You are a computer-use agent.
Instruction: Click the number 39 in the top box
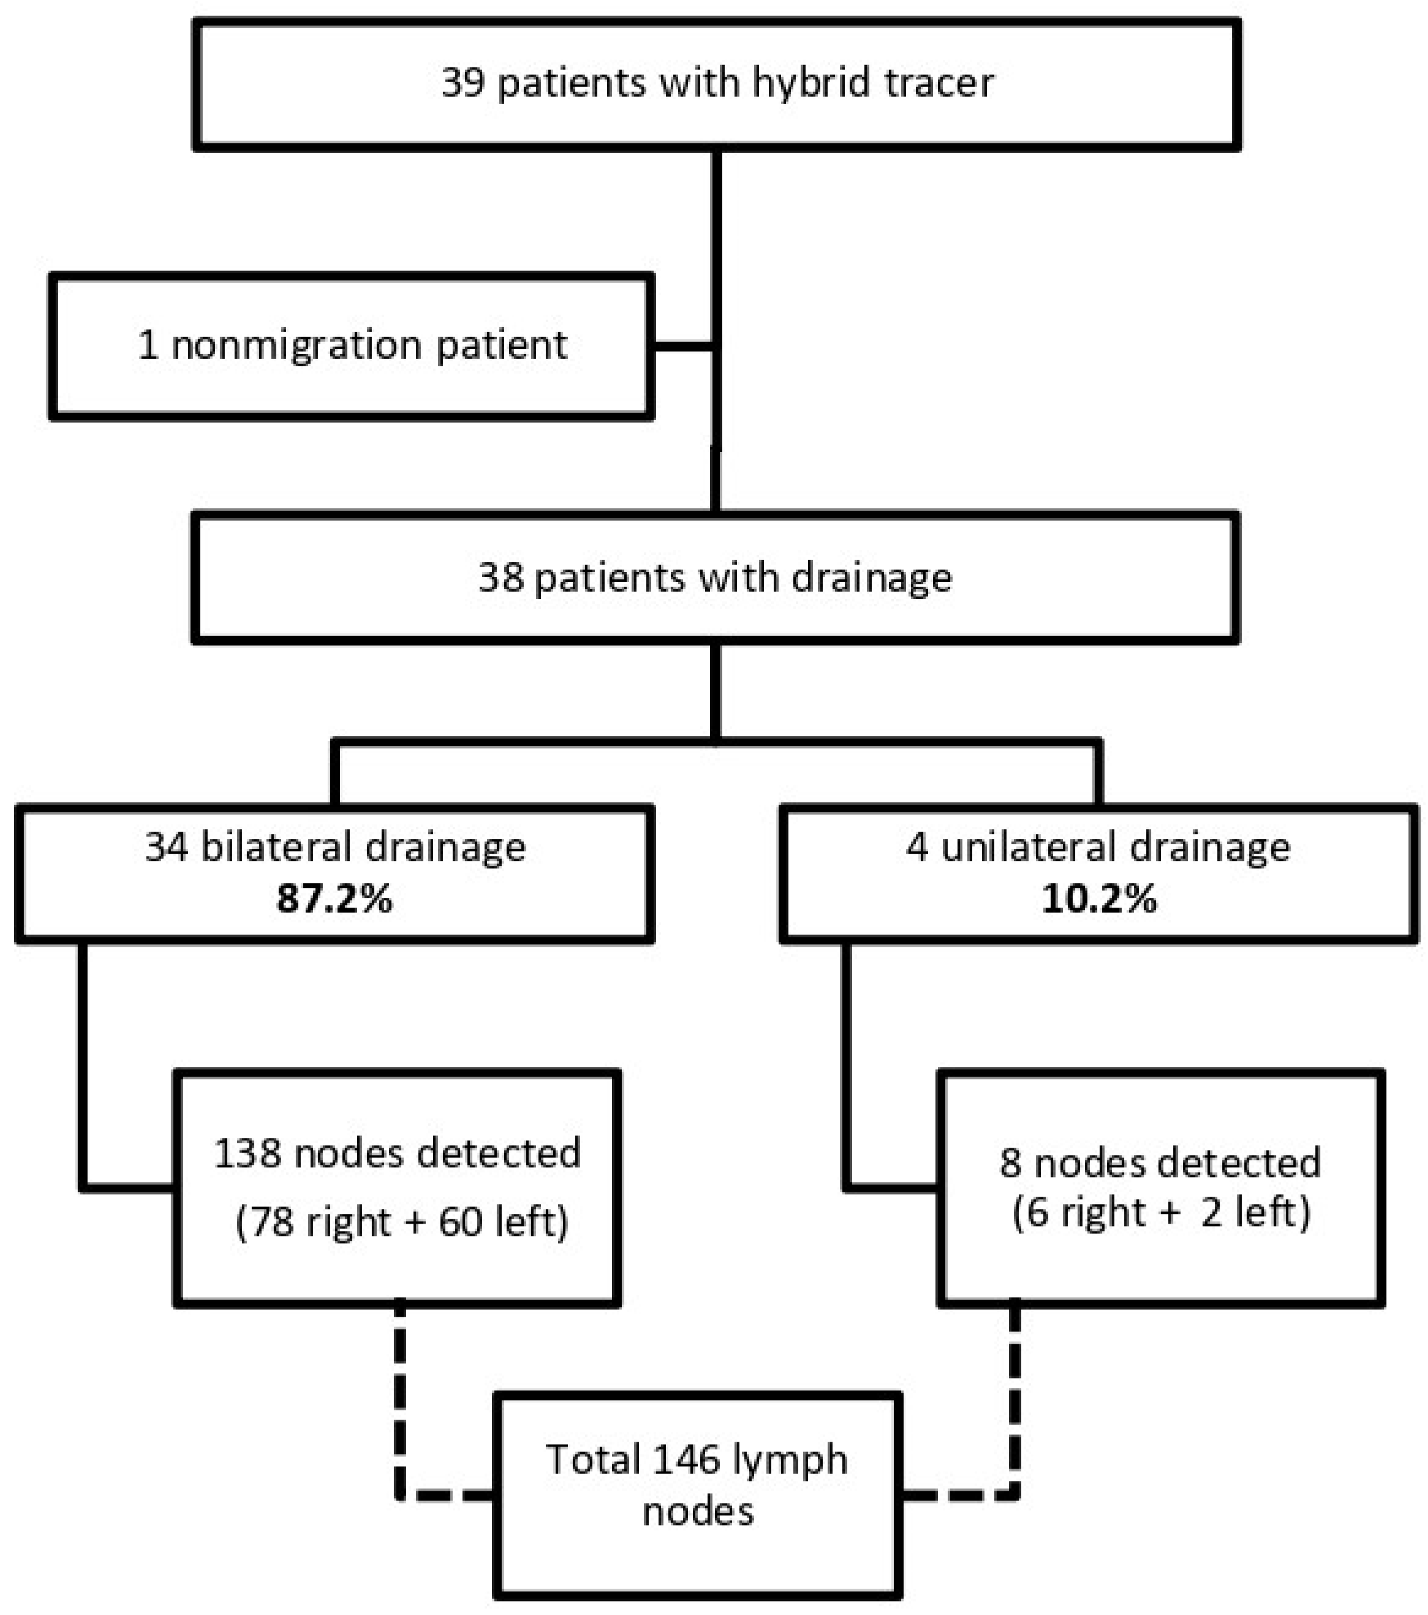[463, 83]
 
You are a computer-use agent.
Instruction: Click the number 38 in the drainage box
[501, 578]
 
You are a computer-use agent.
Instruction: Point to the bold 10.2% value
[1098, 899]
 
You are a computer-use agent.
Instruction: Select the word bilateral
[274, 847]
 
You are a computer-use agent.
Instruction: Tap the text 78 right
[310, 1222]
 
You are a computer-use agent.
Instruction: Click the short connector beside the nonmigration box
[684, 346]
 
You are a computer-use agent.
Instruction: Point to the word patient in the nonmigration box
[501, 346]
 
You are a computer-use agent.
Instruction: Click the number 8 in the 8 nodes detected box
[1010, 1163]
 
